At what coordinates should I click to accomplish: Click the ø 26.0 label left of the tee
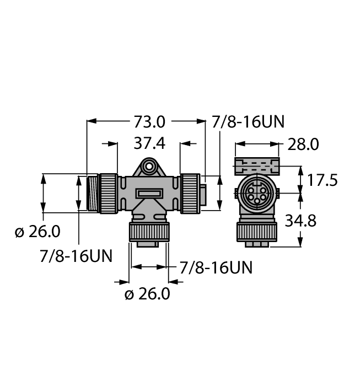coord(37,232)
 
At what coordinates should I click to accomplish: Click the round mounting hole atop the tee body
coord(148,164)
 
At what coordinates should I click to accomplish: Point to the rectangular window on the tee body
coord(149,194)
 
